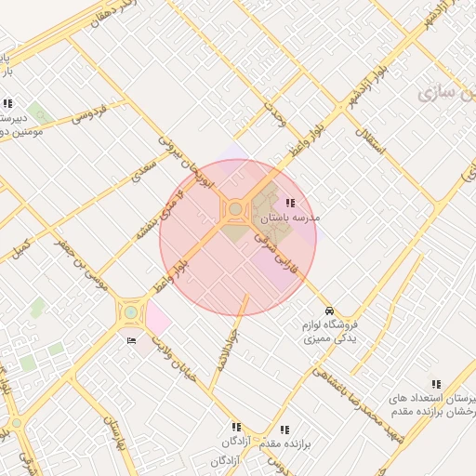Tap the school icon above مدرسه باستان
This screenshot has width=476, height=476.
pos(291,202)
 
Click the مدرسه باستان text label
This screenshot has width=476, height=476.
pos(289,217)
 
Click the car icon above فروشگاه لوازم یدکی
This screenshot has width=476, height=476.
pos(329,311)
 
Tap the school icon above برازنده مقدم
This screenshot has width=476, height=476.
pos(284,430)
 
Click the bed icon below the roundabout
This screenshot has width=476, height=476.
pos(131,341)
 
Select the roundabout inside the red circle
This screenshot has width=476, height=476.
pos(235,209)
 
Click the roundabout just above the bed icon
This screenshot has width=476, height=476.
pos(130,313)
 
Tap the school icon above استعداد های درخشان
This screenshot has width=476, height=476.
pos(436,383)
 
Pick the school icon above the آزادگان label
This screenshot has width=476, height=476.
pos(235,427)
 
